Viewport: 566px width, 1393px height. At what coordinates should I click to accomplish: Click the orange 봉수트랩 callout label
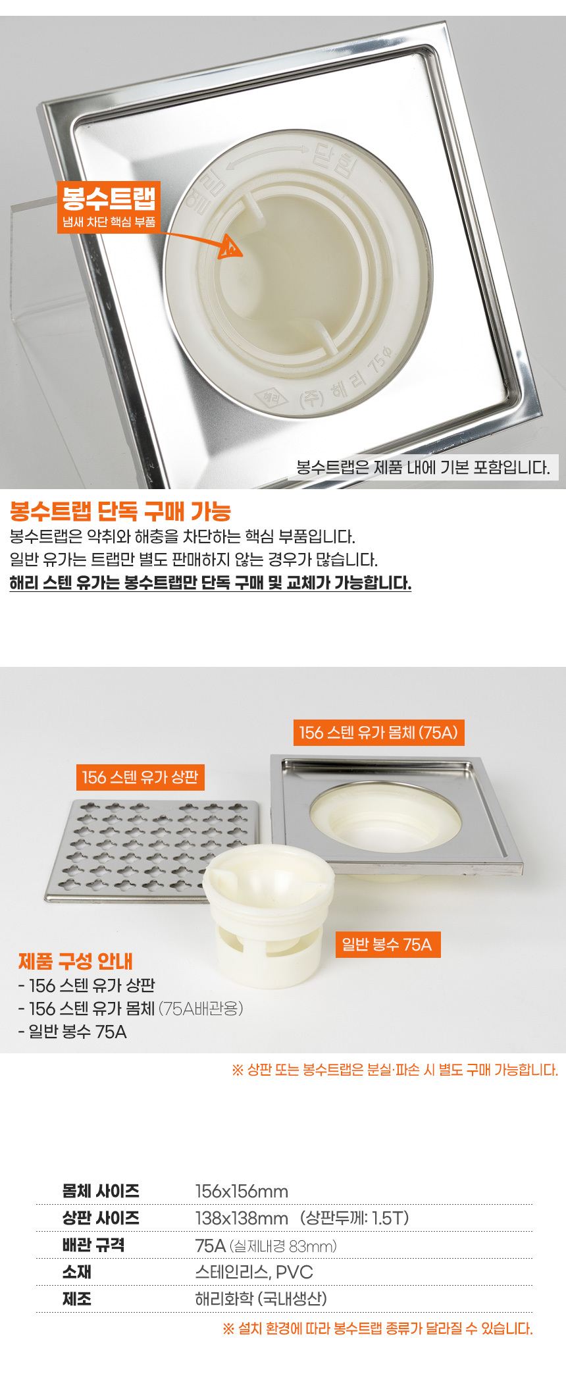coord(109,207)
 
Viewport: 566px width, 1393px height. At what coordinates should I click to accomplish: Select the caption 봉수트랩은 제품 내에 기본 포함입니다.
coord(423,467)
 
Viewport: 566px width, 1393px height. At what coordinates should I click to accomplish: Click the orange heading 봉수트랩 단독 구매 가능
coord(120,511)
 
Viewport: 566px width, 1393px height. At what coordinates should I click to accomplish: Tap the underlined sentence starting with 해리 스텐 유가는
coord(211,583)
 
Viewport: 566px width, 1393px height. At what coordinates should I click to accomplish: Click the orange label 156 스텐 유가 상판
coord(140,777)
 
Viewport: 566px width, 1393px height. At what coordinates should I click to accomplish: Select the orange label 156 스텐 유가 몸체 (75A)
coord(378,733)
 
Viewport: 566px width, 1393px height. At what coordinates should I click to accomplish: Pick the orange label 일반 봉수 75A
coord(387,945)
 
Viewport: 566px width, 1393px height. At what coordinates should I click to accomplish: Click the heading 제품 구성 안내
coord(76,961)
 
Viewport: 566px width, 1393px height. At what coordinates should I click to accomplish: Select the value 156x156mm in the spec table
coord(242,1192)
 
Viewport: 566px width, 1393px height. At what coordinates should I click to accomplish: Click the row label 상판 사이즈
coord(101,1218)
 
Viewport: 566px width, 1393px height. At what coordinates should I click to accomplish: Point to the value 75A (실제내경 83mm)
coord(266,1246)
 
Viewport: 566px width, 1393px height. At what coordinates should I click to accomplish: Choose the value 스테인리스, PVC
coord(254,1272)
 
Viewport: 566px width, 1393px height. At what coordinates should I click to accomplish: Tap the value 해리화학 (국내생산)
coord(261,1299)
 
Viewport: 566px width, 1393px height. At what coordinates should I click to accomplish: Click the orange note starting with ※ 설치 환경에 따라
coord(378,1328)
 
